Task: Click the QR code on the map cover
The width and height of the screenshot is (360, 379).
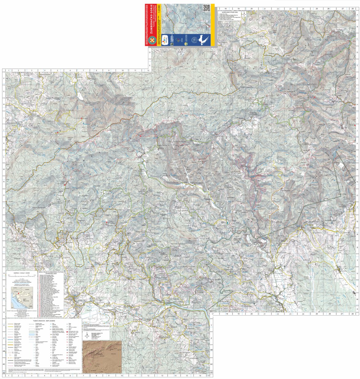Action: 207,8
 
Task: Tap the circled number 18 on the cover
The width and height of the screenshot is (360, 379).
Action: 193,39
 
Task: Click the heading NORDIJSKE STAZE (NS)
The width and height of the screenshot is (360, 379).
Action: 228,12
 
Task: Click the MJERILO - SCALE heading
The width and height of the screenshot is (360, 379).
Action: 21,272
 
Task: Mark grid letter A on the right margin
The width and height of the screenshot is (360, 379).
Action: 357,14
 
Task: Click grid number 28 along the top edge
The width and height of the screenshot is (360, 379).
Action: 352,9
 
